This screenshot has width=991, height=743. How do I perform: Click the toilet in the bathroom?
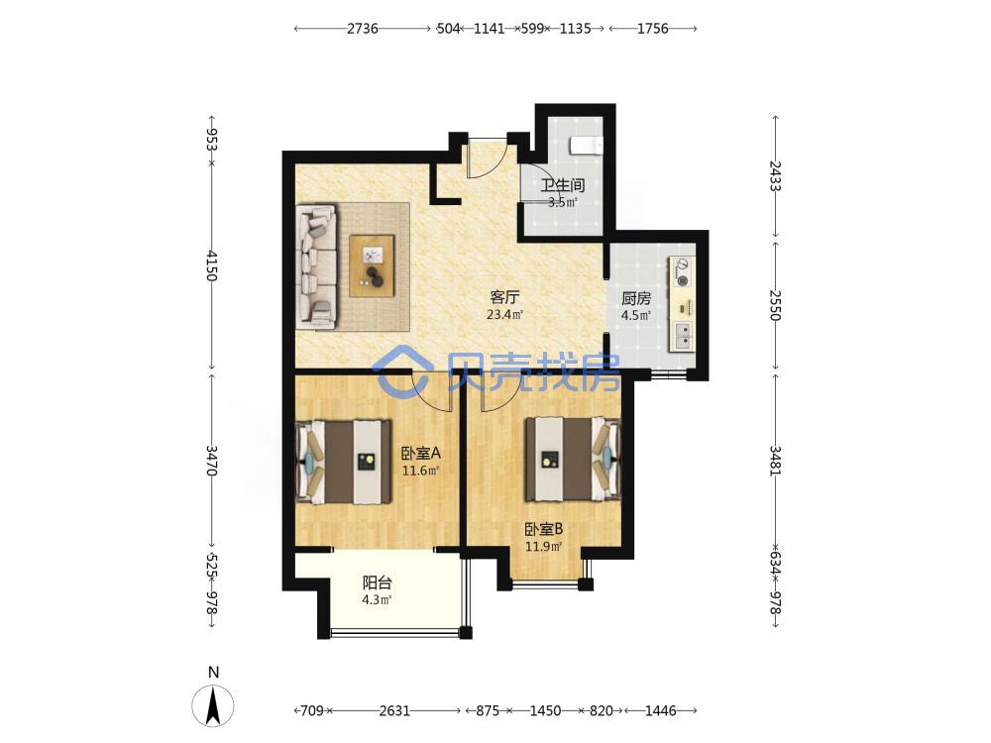(x=587, y=146)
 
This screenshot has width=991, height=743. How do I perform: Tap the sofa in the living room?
(x=317, y=265)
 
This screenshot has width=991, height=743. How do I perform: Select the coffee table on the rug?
(x=372, y=265)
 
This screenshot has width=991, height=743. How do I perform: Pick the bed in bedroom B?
(x=573, y=459)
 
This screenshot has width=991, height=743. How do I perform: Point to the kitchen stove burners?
(x=682, y=271)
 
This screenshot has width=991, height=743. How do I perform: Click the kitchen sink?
(x=683, y=336)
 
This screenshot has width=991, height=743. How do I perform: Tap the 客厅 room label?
(x=504, y=296)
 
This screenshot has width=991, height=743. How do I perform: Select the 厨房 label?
(x=636, y=297)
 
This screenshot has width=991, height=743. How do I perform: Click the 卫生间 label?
(x=563, y=185)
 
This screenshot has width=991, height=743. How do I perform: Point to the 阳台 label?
(x=378, y=583)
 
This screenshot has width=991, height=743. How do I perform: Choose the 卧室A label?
(x=421, y=453)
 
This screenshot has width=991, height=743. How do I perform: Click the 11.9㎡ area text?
(x=543, y=547)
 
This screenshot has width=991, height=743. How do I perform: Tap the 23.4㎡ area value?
(x=504, y=314)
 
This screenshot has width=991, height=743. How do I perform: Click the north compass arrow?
(x=213, y=705)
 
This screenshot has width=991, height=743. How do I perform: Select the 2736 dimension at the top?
(x=362, y=29)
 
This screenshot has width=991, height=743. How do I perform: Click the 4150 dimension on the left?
(x=212, y=265)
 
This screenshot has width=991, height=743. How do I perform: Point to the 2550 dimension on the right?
(x=775, y=305)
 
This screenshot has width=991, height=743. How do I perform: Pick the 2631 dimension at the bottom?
(x=394, y=710)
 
